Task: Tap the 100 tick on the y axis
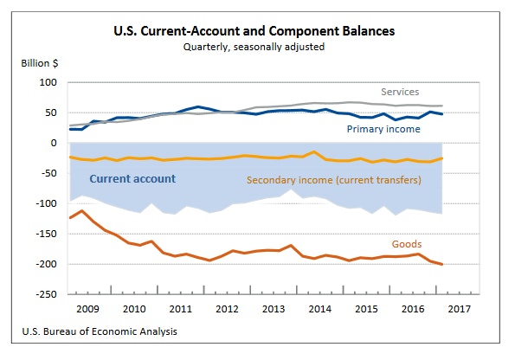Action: click(x=48, y=83)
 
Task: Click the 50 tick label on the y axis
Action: click(x=50, y=113)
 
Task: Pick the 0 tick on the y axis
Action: click(x=54, y=144)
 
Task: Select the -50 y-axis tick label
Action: click(x=48, y=174)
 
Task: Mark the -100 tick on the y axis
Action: click(x=46, y=204)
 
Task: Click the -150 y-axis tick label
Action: click(x=46, y=235)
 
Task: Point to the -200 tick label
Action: click(x=46, y=265)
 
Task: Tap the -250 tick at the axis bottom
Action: click(x=46, y=295)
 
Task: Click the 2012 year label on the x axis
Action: click(x=226, y=308)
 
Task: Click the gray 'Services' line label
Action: click(x=399, y=92)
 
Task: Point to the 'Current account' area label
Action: click(x=132, y=179)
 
